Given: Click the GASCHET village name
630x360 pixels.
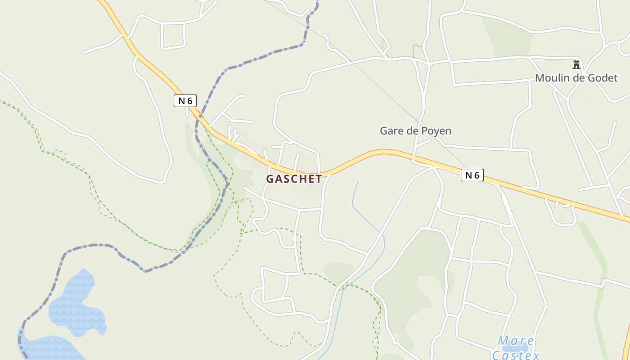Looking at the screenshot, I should [x=294, y=179].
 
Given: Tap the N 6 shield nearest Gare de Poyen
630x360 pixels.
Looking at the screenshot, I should [x=472, y=175].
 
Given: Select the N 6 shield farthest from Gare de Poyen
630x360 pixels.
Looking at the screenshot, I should [x=185, y=101].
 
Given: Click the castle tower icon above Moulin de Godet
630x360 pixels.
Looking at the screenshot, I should [x=576, y=64].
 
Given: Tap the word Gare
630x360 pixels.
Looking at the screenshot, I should [x=391, y=131].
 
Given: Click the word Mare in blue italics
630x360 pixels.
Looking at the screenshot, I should [x=516, y=341].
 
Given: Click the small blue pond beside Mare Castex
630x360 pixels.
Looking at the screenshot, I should [x=517, y=348].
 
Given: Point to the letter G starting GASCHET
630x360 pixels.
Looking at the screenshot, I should [x=270, y=179].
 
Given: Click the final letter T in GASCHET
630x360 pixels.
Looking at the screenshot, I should [x=319, y=179].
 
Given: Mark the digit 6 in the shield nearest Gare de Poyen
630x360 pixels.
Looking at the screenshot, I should [x=477, y=175].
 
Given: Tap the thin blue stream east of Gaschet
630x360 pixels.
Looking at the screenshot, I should [x=360, y=211].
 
